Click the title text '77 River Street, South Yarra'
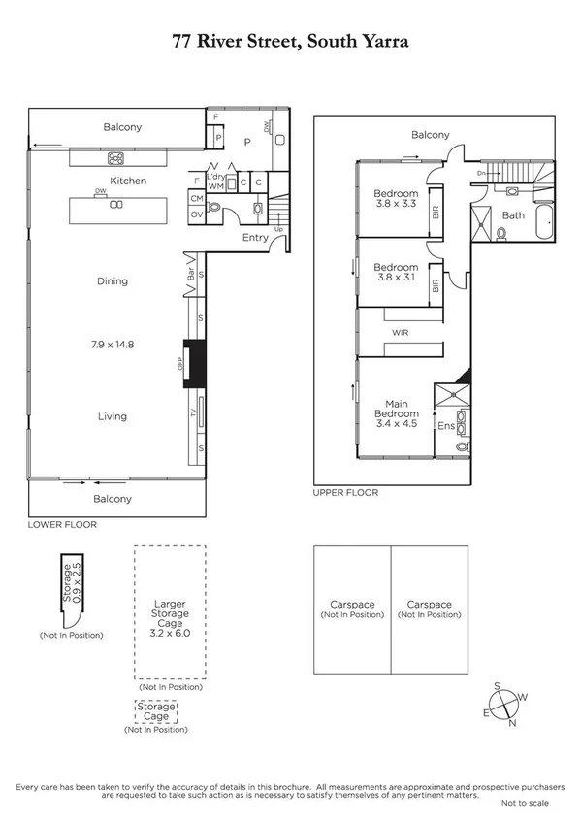[290, 42]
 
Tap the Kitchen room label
[128, 181]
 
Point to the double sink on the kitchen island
[117, 205]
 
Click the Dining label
[112, 281]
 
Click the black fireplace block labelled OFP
[195, 363]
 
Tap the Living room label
[112, 416]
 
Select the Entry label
[255, 238]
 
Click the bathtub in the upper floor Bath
[541, 223]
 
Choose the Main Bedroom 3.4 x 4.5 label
[395, 413]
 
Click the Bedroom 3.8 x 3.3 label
[396, 199]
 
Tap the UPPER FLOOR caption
[345, 493]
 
